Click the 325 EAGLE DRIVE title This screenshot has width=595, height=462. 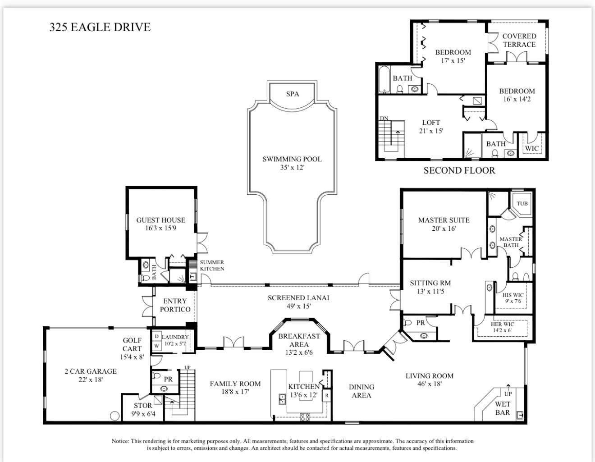click(x=100, y=27)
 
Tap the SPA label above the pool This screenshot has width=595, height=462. click(x=293, y=94)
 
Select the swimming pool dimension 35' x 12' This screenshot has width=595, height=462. click(x=292, y=168)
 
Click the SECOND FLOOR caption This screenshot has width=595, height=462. click(x=459, y=170)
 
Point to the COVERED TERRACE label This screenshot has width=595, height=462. click(x=519, y=40)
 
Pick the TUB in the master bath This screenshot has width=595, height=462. click(x=522, y=203)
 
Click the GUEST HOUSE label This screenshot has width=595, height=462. click(x=161, y=220)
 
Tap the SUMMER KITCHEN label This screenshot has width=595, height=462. click(x=212, y=265)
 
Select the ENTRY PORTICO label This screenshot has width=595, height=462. click(x=175, y=305)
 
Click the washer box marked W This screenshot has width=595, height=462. click(x=156, y=346)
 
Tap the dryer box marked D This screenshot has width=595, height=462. click(x=156, y=336)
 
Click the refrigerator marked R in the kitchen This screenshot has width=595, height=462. click(x=327, y=395)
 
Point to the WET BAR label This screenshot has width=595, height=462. click(x=502, y=408)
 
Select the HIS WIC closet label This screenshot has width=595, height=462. click(x=513, y=295)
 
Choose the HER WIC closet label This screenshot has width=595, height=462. click(x=502, y=324)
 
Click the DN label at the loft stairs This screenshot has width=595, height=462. click(x=384, y=119)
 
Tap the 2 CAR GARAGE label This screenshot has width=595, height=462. click(x=90, y=371)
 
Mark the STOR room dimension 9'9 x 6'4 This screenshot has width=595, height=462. click(x=143, y=414)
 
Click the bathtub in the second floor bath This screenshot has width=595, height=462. click(x=384, y=80)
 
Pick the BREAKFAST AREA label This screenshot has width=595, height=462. click(x=299, y=340)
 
